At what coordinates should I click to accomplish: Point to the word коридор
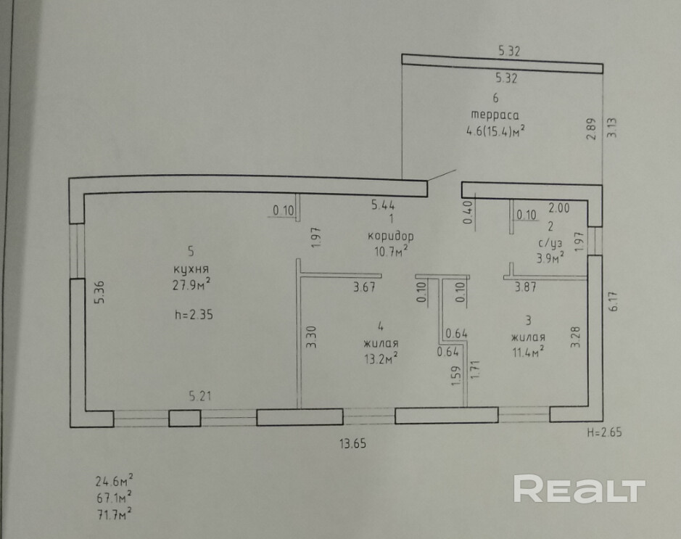point(390,236)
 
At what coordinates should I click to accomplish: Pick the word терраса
point(495,115)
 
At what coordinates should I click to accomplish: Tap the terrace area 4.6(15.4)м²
point(495,131)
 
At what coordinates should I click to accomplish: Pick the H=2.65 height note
point(604,432)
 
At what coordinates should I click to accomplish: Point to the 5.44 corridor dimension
point(382,205)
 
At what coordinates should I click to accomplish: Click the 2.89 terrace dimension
point(591,129)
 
